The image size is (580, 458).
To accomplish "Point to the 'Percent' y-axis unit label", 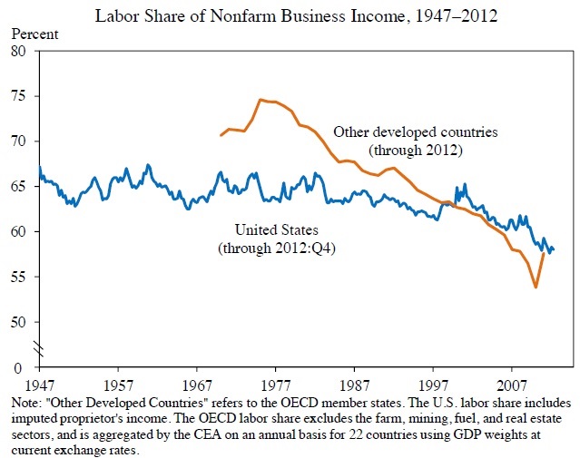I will (x=34, y=34).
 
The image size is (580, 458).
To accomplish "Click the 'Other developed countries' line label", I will (x=416, y=132).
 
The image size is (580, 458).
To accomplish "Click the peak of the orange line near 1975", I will (x=261, y=100).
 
